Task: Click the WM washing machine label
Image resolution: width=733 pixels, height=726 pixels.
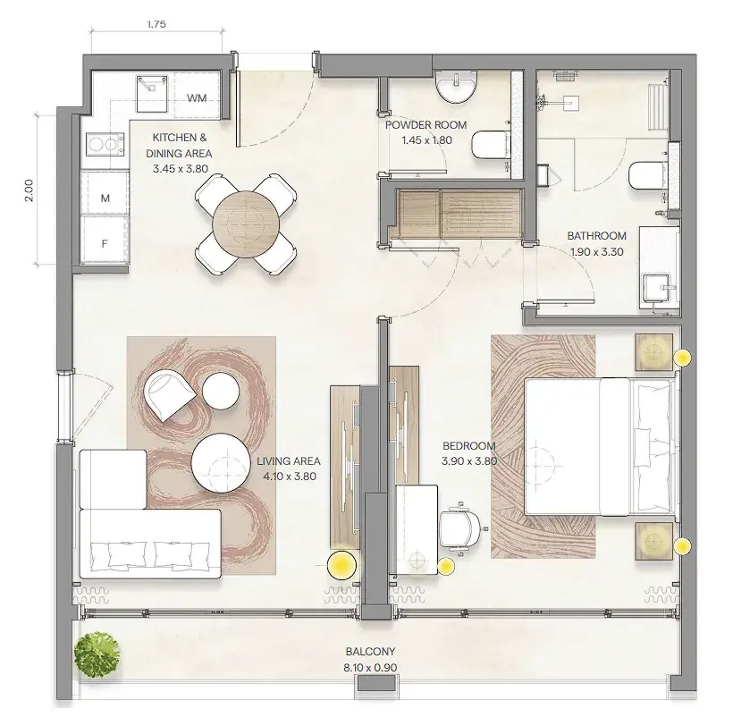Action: coord(197,98)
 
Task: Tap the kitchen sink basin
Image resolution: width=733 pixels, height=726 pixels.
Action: coord(152,94)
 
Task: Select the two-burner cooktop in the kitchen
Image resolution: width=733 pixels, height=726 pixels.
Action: coord(105,144)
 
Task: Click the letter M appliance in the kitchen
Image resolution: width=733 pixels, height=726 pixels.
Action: coord(105,198)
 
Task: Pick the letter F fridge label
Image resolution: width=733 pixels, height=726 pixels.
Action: coord(105,243)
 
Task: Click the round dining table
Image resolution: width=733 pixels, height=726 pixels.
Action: coord(246,224)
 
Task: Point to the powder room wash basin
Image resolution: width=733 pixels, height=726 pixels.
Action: coord(457,87)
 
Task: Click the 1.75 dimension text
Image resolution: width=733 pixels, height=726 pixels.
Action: coord(156,24)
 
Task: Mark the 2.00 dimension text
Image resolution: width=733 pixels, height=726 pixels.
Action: coord(29,190)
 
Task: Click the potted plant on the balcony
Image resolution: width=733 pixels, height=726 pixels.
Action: coord(97,653)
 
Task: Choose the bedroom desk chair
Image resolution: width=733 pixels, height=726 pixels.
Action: coord(460,528)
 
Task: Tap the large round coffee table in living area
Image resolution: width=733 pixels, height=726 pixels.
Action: coord(220,463)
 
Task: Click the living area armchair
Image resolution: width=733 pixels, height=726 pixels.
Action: coord(169,396)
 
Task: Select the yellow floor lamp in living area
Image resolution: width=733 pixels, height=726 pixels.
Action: coord(341,565)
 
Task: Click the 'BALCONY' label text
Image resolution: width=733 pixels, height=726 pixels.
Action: coord(370,651)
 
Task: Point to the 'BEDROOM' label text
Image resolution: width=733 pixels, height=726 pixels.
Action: coord(469,445)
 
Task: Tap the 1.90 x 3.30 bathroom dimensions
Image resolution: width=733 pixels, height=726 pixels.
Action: coord(597,252)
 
